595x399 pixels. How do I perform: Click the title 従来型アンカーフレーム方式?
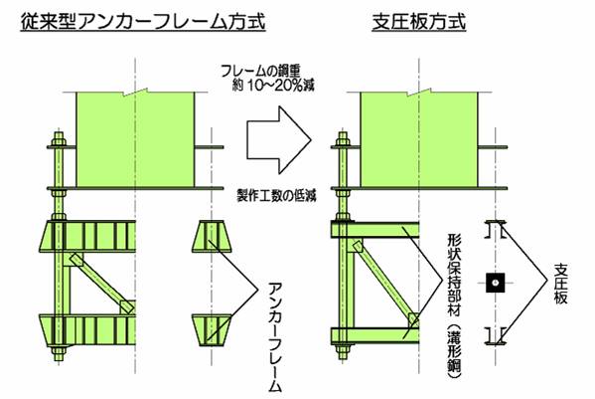coord(143,21)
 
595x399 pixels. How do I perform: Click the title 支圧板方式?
coord(419,21)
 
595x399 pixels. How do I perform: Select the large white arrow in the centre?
coord(279,140)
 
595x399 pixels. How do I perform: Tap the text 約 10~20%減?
coord(273,86)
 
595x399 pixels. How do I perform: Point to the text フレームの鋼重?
coord(260,72)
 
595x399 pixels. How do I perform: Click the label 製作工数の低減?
coord(276,196)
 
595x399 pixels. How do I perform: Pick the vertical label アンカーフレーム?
coord(275,336)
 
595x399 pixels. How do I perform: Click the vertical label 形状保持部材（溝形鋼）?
coord(454,306)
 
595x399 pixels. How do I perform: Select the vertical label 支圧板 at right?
coord(561,284)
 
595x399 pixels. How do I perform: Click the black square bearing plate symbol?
coord(496,283)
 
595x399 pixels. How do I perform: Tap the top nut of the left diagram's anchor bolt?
coord(59,142)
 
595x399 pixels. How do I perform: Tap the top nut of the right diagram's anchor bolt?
coord(343,142)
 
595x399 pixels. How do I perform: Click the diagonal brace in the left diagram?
coord(101,284)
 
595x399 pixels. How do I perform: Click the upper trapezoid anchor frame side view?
coord(212,236)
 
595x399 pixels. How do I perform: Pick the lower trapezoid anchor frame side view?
coord(212,330)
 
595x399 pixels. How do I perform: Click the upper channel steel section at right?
coord(496,229)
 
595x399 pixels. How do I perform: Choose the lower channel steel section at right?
coord(496,336)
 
